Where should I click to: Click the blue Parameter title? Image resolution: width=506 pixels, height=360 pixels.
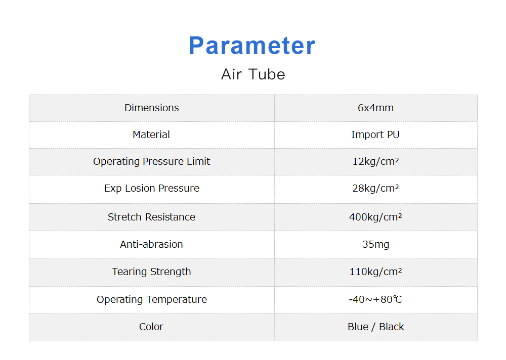coord(252,46)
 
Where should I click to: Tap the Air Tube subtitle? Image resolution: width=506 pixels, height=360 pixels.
coord(253,74)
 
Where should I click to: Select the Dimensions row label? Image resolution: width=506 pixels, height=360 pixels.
coord(152,108)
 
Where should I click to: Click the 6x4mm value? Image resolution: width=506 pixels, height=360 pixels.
coord(375,108)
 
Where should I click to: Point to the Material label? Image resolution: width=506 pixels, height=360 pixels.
coord(151,134)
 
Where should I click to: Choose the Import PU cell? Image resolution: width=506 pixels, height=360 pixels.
coord(375,135)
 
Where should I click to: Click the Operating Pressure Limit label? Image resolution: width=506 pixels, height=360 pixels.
coord(152,162)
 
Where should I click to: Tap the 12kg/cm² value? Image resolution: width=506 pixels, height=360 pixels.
coord(375,161)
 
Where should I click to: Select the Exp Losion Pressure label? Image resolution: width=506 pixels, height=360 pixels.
coord(152,189)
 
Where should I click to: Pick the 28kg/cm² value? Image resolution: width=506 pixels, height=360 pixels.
coord(375,188)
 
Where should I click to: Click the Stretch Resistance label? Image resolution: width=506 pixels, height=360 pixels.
coord(151,217)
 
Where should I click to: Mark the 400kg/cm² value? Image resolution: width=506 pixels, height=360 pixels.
coord(375,217)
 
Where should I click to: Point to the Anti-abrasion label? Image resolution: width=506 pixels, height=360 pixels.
coord(151,245)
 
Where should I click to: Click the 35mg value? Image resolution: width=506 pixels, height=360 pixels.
coord(375,245)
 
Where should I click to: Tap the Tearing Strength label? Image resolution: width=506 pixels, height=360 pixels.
coord(151,272)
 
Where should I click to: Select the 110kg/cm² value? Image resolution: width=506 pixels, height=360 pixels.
coord(375,272)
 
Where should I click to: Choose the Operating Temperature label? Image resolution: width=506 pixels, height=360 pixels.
coord(152,300)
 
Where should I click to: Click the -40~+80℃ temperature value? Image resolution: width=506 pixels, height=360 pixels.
coord(375,300)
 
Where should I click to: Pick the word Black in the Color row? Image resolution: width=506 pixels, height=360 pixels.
coord(392,327)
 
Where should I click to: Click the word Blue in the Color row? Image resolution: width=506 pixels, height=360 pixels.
coord(358,327)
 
